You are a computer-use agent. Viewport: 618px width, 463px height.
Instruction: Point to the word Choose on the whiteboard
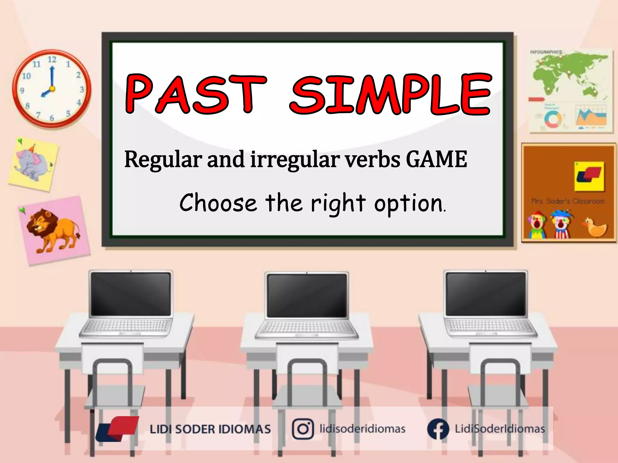pyautogui.click(x=218, y=203)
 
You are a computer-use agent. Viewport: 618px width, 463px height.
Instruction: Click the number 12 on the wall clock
pyautogui.click(x=52, y=59)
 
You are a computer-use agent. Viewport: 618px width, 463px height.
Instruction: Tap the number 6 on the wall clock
pyautogui.click(x=52, y=118)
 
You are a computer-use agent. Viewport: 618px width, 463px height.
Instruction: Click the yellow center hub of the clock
pyautogui.click(x=52, y=89)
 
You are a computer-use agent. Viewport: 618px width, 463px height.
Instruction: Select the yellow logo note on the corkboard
pyautogui.click(x=589, y=176)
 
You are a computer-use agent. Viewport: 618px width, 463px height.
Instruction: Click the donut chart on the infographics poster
pyautogui.click(x=553, y=119)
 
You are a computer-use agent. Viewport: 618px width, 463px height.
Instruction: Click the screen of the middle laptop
pyautogui.click(x=307, y=295)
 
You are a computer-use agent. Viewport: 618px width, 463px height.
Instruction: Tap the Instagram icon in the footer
pyautogui.click(x=303, y=429)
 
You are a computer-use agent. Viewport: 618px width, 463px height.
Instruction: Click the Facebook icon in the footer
pyautogui.click(x=438, y=429)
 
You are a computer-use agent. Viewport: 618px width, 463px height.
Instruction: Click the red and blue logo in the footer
pyautogui.click(x=118, y=429)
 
